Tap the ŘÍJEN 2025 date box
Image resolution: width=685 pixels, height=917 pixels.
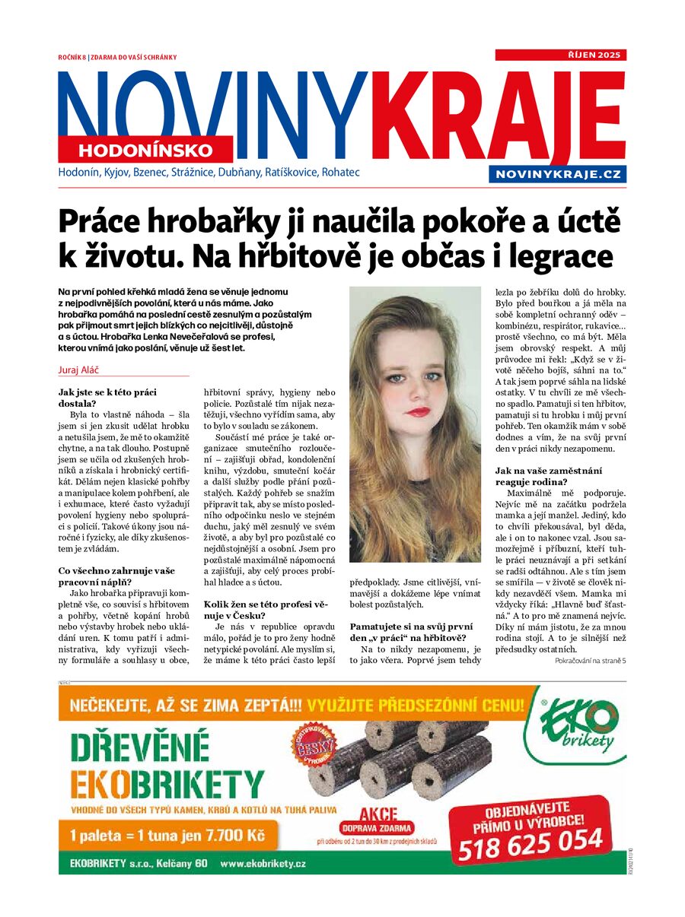coord(560,56)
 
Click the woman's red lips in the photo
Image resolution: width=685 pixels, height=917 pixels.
coord(417,412)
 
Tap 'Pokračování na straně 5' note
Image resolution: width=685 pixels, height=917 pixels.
coord(590,661)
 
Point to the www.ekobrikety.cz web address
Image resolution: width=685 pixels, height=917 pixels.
coord(263,864)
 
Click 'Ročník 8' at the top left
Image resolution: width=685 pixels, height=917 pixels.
coord(72,57)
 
